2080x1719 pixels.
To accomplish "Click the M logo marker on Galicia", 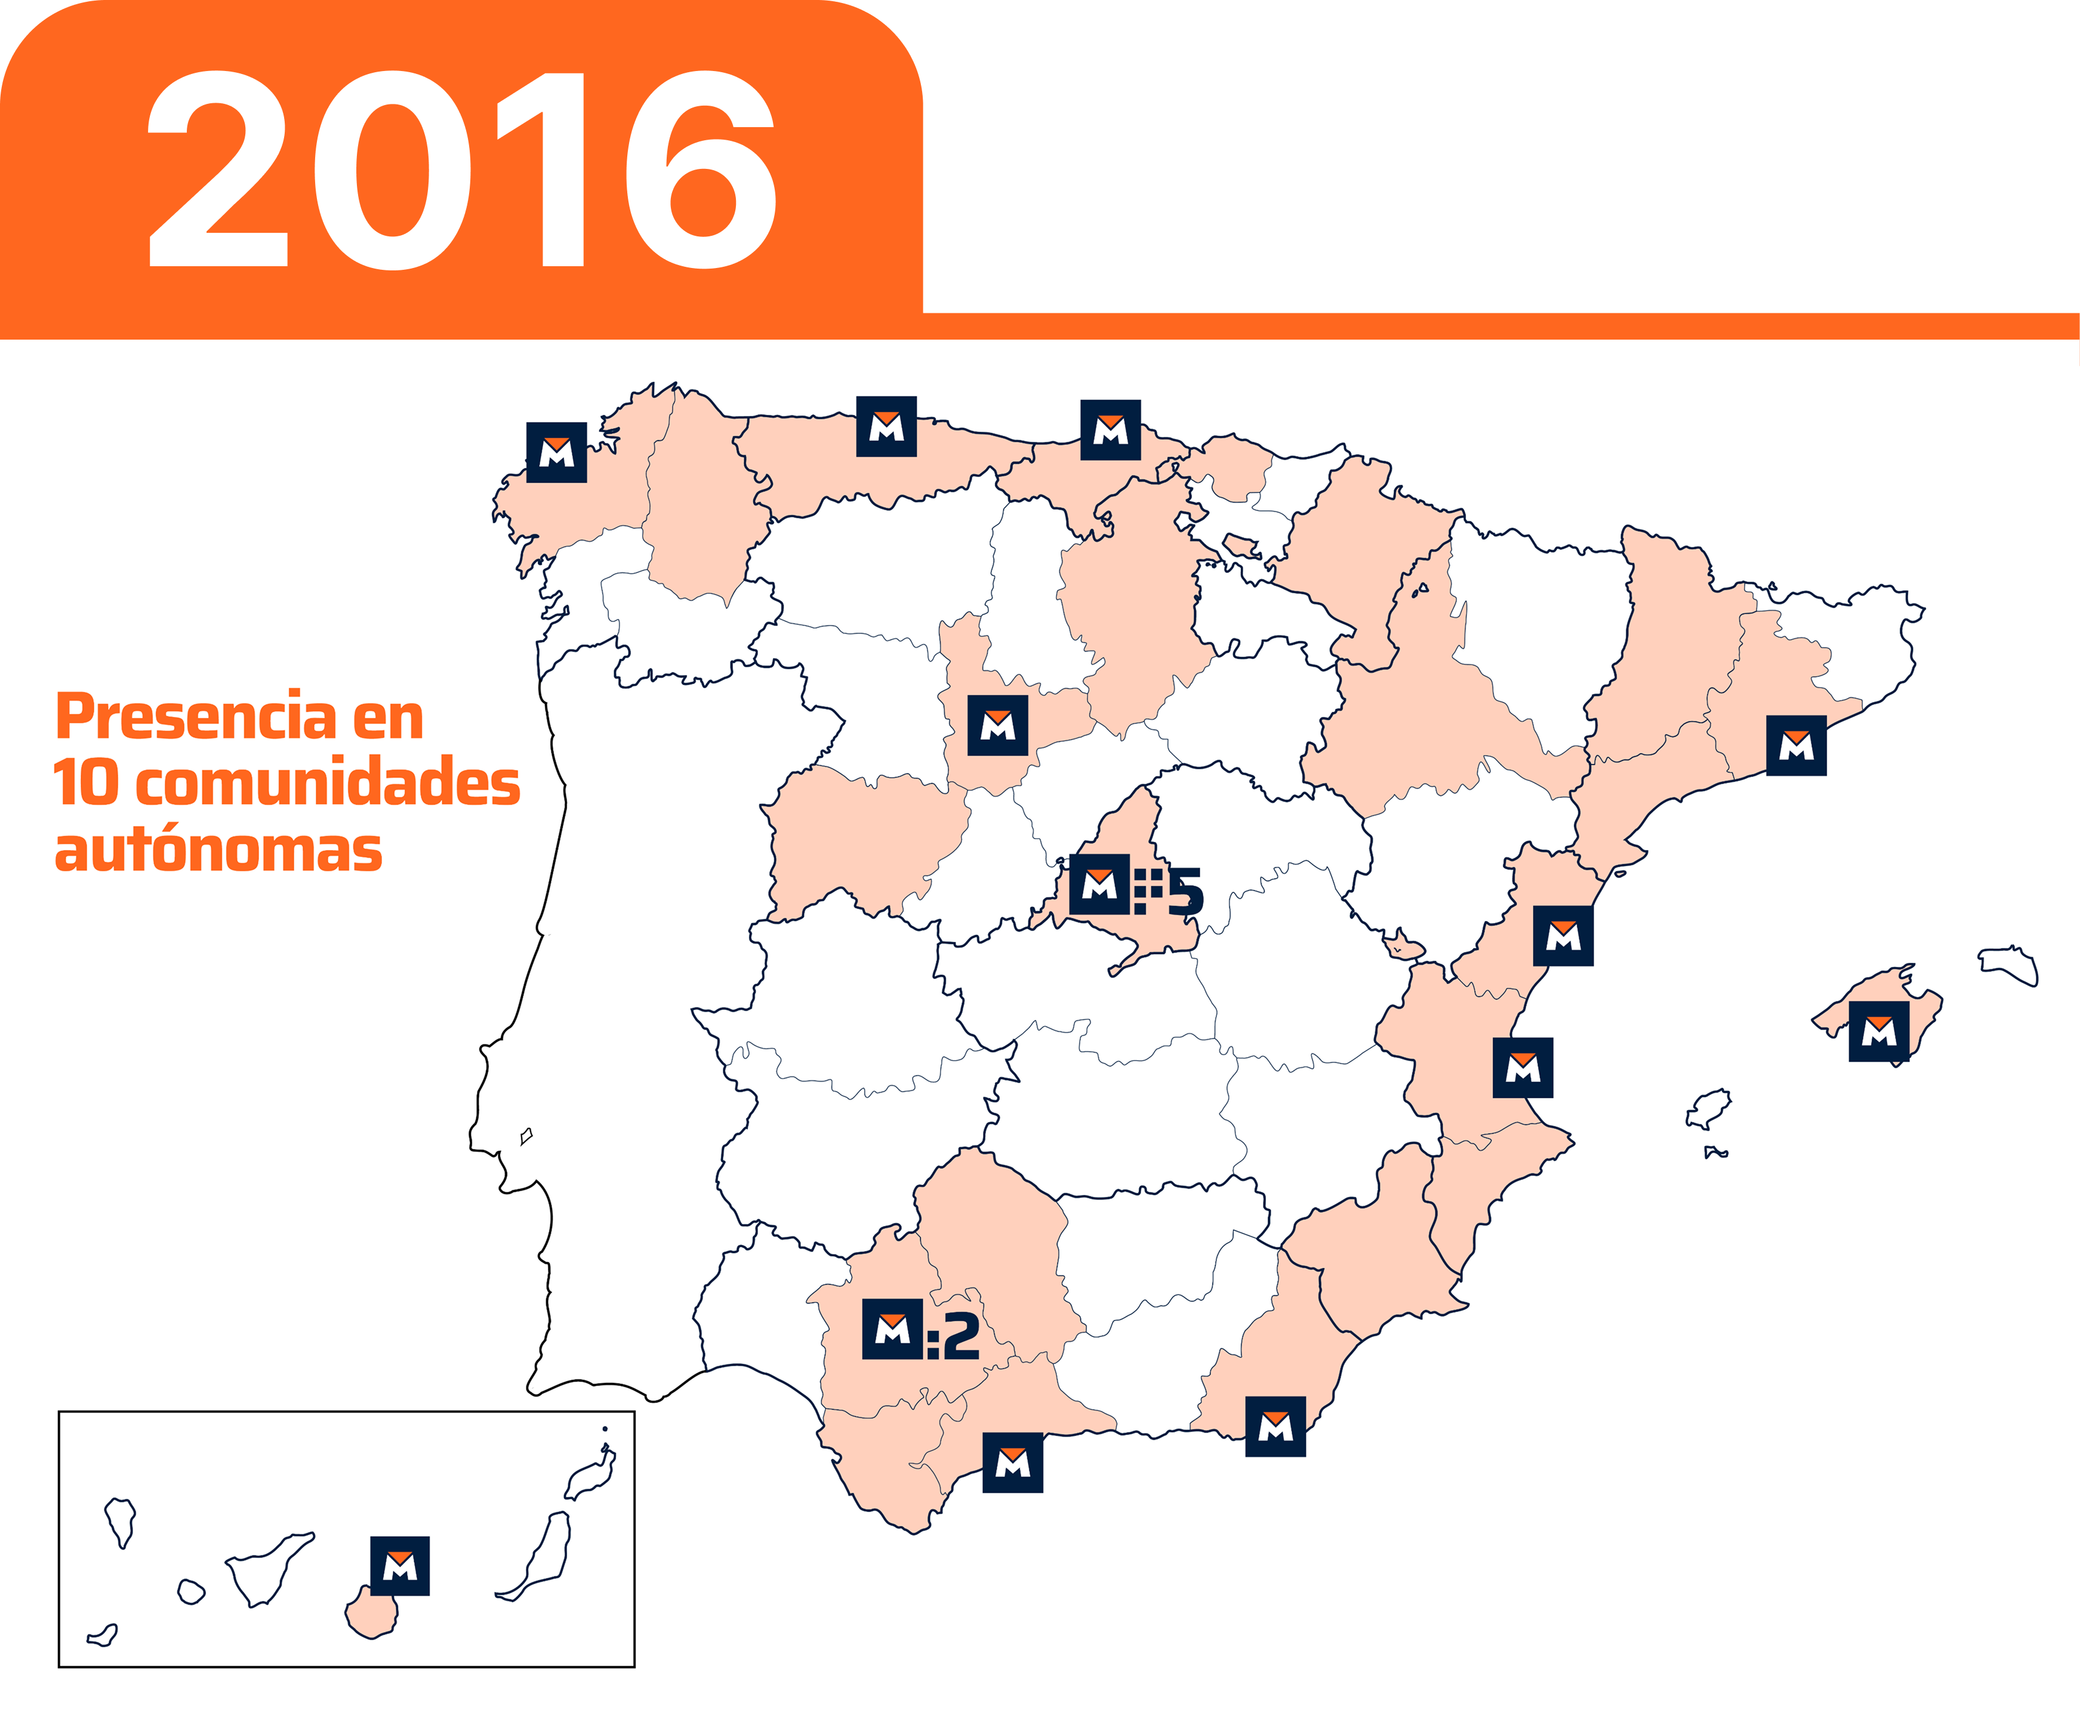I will click(556, 452).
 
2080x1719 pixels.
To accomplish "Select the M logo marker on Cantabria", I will click(1110, 430).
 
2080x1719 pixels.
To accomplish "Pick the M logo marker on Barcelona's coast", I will click(1796, 745).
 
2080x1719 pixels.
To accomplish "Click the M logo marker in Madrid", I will click(1099, 883).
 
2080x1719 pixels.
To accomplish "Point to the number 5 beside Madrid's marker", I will click(1185, 892).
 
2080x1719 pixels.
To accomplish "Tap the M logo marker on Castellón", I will click(1562, 936).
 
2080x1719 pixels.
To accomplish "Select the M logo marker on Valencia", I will click(1523, 1067).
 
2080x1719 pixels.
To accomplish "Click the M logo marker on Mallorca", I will click(1878, 1032).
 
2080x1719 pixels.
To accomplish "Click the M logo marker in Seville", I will click(892, 1329).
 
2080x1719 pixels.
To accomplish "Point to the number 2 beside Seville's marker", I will click(960, 1337).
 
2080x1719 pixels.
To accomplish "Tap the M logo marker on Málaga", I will click(1012, 1462).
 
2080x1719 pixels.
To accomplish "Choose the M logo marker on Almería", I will click(1275, 1426).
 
